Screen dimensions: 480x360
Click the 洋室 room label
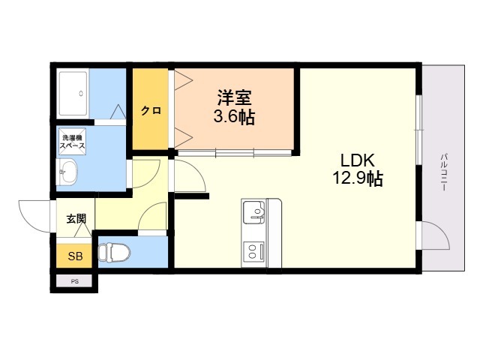tap(234, 97)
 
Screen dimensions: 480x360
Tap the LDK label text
tap(358, 160)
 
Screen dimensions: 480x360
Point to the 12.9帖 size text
tap(358, 178)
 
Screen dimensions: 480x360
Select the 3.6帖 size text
tap(234, 117)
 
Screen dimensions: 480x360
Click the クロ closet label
tap(151, 110)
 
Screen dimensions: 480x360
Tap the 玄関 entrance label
tap(76, 218)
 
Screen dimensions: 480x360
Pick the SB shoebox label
tap(75, 256)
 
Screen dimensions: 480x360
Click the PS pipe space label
tap(75, 282)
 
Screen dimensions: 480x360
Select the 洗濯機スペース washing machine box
tap(72, 142)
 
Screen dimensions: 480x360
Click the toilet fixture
tap(114, 253)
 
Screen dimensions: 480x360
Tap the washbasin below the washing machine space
tap(67, 172)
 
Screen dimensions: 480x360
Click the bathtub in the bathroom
tap(73, 94)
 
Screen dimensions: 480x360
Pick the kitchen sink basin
tap(253, 212)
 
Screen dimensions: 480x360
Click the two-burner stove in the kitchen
tap(253, 251)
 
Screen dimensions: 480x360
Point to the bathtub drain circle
tap(81, 93)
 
